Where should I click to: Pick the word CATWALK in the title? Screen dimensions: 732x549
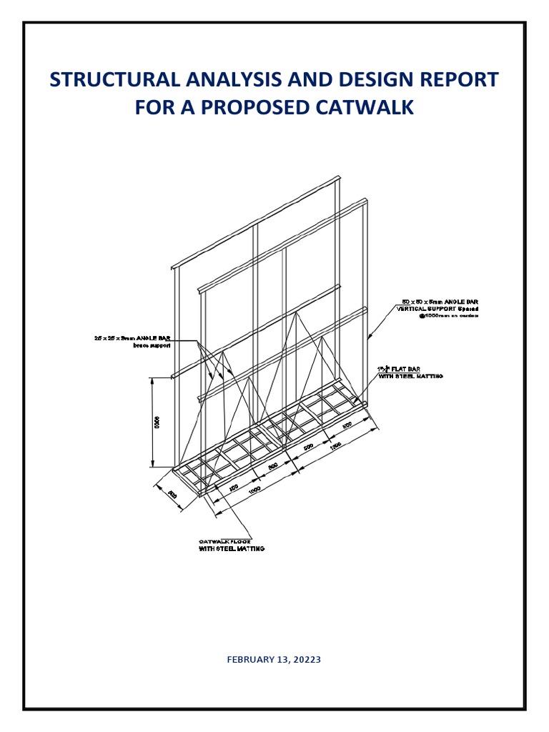tap(370, 108)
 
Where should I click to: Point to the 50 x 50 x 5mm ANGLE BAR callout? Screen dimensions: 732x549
tap(438, 302)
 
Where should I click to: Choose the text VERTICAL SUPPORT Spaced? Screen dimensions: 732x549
tap(437, 308)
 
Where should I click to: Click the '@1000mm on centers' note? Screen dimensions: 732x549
tap(449, 315)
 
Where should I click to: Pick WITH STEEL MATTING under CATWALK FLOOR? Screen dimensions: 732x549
tap(231, 548)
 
